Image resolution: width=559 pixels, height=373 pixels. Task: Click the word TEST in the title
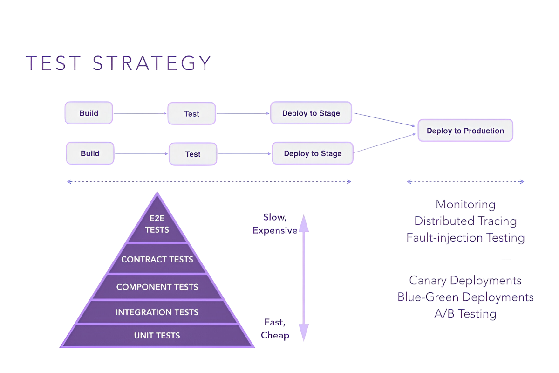pos(54,63)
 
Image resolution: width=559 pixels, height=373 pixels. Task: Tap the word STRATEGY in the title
pos(152,63)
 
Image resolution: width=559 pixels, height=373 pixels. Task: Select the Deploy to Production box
pos(465,131)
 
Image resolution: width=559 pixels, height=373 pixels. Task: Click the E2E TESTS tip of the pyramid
pos(157,225)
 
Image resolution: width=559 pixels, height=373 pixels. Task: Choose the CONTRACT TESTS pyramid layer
pos(157,260)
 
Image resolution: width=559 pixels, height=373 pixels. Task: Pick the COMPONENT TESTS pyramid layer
pos(157,287)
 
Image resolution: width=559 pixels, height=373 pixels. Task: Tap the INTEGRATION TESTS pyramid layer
pos(157,312)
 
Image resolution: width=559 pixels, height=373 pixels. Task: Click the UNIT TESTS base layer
pos(157,336)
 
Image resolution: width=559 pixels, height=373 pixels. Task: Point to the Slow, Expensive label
pos(275,224)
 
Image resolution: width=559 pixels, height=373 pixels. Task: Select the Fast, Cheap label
pos(275,328)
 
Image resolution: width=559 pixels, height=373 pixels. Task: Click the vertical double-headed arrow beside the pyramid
pos(304,277)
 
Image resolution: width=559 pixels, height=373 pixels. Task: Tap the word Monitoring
pos(465,204)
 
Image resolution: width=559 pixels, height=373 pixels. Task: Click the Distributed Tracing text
pos(465,221)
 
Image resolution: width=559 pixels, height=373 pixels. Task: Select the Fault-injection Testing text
pos(465,238)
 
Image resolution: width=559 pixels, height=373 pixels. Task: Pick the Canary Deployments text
pos(465,281)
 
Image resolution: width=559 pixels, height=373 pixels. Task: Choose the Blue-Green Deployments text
pos(465,297)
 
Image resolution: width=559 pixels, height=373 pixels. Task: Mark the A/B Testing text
pos(465,314)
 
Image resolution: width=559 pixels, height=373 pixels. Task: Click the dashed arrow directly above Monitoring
pos(465,181)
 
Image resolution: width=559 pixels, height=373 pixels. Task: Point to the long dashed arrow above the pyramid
pos(209,181)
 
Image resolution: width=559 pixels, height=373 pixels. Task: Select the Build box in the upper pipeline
pos(89,113)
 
